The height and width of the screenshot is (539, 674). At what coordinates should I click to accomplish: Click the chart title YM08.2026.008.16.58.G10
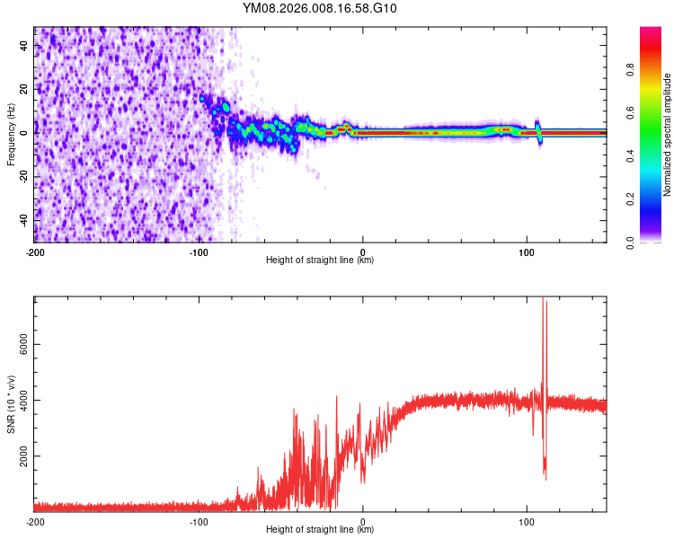click(320, 9)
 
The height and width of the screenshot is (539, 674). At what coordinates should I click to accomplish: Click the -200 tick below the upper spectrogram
click(35, 252)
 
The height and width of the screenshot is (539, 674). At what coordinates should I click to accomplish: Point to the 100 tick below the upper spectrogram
click(527, 252)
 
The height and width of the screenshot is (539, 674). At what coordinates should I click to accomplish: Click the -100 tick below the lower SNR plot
click(199, 521)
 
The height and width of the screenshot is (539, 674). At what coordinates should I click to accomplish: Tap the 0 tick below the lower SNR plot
click(363, 521)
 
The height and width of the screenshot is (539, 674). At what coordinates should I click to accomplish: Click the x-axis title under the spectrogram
click(320, 261)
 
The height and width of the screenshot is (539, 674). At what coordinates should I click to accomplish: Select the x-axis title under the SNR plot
click(320, 530)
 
